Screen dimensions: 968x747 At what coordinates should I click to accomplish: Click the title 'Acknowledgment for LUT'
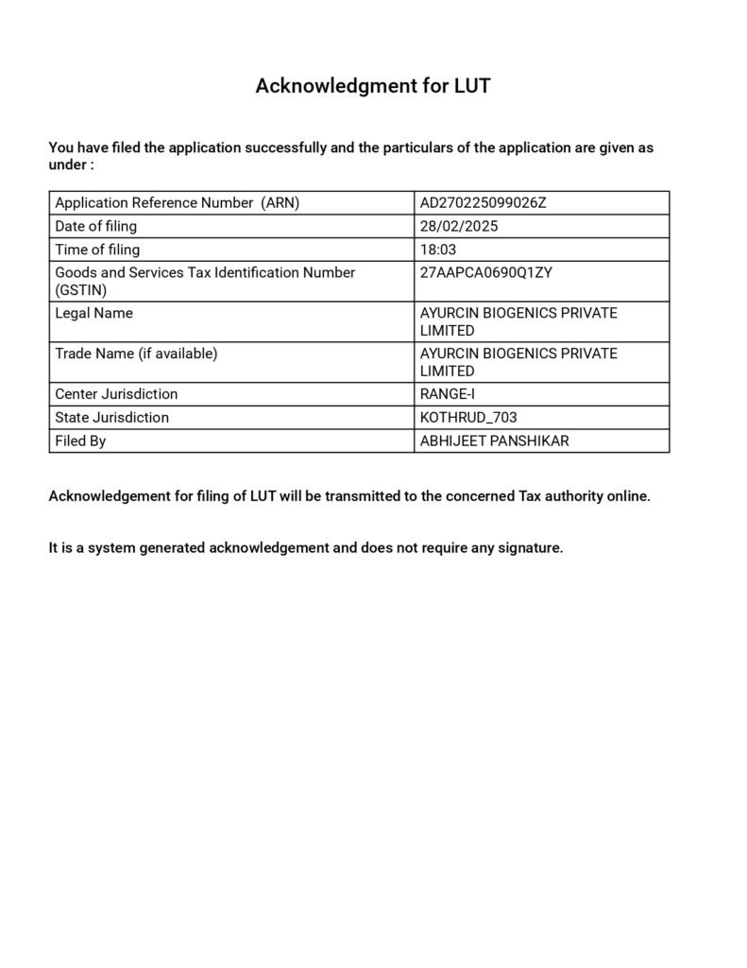[x=373, y=86]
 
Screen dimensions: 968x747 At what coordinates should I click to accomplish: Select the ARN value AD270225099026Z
[x=483, y=203]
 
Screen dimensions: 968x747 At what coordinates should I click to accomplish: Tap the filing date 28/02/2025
[x=459, y=226]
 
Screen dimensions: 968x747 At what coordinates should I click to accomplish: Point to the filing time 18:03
[x=437, y=250]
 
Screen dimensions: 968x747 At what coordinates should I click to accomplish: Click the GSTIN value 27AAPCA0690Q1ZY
[x=485, y=272]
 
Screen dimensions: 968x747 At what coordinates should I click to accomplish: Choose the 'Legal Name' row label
[x=93, y=313]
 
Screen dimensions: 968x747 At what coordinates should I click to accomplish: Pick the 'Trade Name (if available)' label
[x=136, y=354]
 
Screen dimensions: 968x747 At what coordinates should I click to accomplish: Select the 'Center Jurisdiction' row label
[x=116, y=394]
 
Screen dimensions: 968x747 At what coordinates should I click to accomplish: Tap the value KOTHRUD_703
[x=468, y=418]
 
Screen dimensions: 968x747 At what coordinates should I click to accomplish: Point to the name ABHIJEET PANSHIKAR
[x=494, y=441]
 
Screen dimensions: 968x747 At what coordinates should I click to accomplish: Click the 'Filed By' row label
[x=80, y=441]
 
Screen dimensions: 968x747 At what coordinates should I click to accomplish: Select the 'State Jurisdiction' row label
[x=112, y=418]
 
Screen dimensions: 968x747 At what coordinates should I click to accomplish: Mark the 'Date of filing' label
[x=95, y=226]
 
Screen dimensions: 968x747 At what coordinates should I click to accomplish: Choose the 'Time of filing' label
[x=97, y=250]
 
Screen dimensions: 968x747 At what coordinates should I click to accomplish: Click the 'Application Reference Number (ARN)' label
[x=177, y=203]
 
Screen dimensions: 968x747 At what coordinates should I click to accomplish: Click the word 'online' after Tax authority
[x=628, y=496]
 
